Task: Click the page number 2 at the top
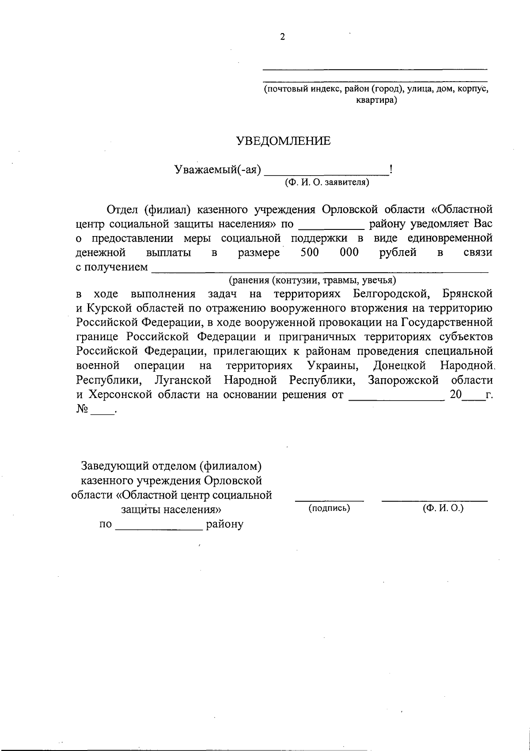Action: coord(282,37)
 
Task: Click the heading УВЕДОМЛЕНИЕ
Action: coord(283,141)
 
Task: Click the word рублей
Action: coord(397,253)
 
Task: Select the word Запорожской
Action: coord(403,380)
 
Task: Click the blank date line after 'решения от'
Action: coord(397,398)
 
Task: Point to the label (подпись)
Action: coord(329,508)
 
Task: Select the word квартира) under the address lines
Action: coord(376,100)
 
